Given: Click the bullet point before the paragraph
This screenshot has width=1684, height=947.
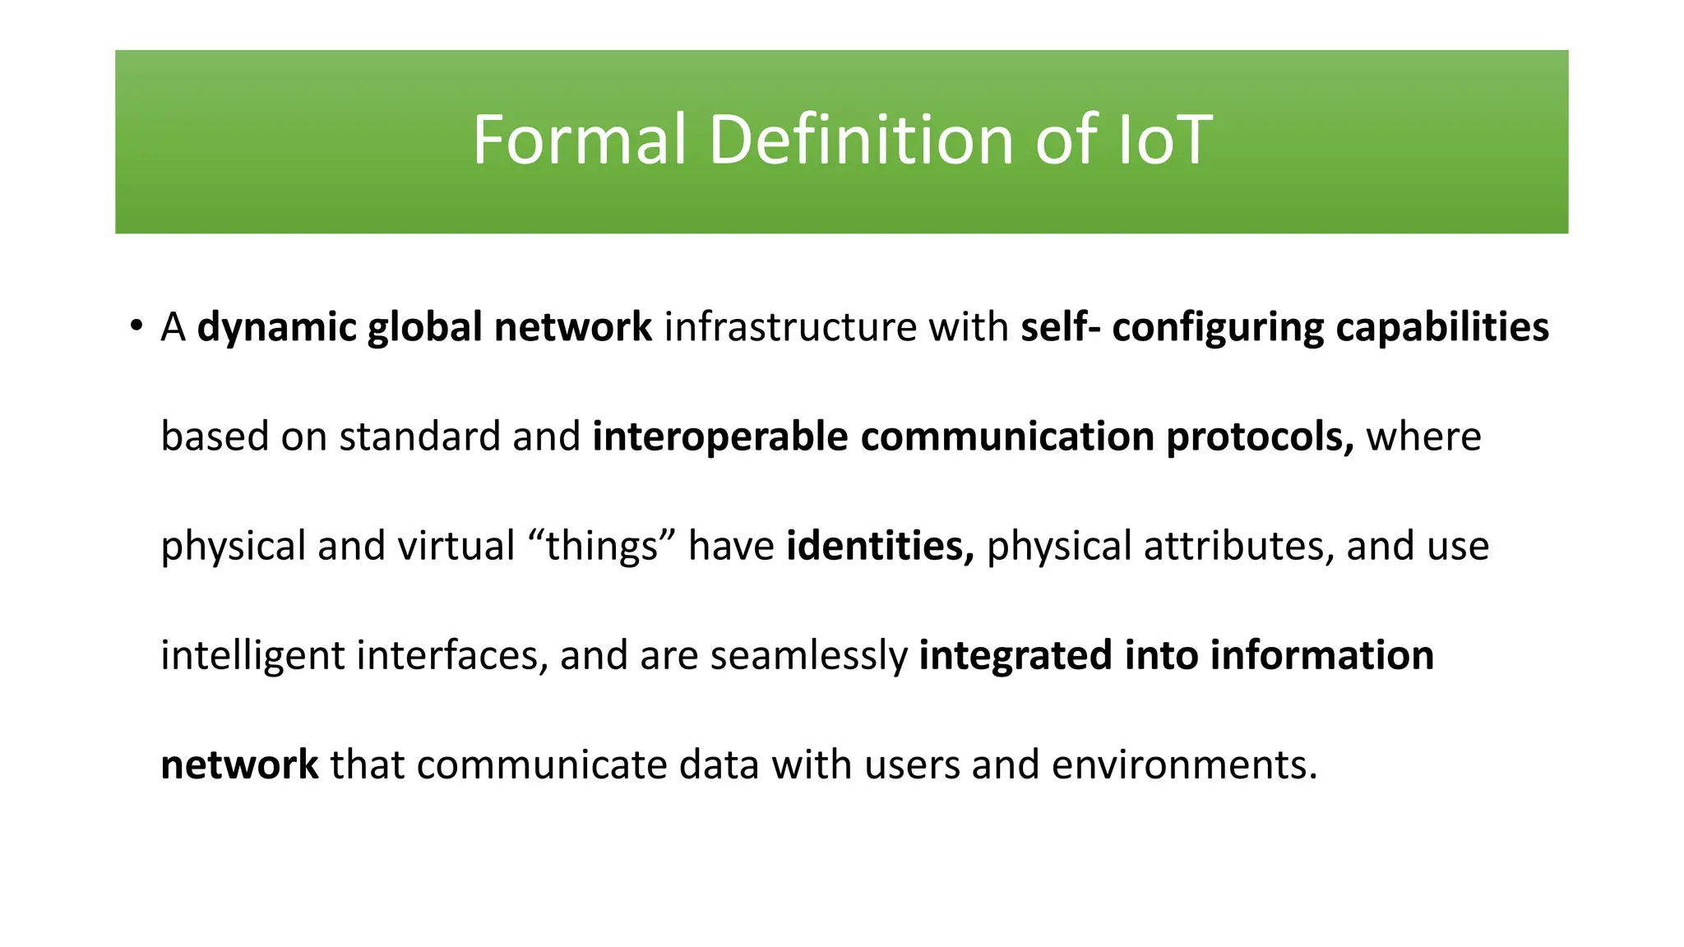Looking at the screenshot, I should click(x=136, y=326).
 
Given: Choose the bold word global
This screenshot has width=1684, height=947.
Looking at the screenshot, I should click(x=424, y=327).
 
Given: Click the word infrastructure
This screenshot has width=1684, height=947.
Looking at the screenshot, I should click(x=789, y=327).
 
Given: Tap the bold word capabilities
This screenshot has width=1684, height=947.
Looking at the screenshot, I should click(x=1441, y=327).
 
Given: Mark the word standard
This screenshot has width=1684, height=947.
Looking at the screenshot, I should click(x=419, y=436).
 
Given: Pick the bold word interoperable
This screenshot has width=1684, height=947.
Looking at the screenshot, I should click(x=719, y=436).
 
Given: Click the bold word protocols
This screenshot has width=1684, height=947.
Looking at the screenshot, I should click(x=1259, y=437).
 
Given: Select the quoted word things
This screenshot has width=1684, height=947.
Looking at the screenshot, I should click(x=602, y=546).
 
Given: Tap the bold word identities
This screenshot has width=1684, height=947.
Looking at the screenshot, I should click(x=879, y=546).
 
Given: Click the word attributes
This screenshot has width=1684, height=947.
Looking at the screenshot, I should click(x=1238, y=546).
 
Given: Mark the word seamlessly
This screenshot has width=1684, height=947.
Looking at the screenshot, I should click(x=808, y=656).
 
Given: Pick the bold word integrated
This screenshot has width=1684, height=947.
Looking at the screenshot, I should click(x=1015, y=656).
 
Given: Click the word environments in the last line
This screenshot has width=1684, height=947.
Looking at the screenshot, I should click(x=1184, y=765).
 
